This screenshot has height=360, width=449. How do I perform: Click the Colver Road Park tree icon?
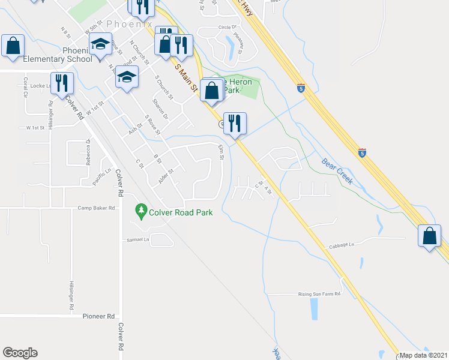[141, 211]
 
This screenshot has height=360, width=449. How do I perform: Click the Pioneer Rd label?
[98, 316]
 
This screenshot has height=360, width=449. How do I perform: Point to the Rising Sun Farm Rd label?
[319, 294]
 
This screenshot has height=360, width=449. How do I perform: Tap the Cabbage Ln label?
[342, 245]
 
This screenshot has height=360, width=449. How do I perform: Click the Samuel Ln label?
[137, 239]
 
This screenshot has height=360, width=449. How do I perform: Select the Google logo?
[20, 353]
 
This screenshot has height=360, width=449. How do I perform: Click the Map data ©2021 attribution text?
[424, 355]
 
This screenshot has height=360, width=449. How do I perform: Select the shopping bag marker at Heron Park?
[211, 91]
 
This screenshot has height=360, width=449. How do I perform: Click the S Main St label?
[186, 77]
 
